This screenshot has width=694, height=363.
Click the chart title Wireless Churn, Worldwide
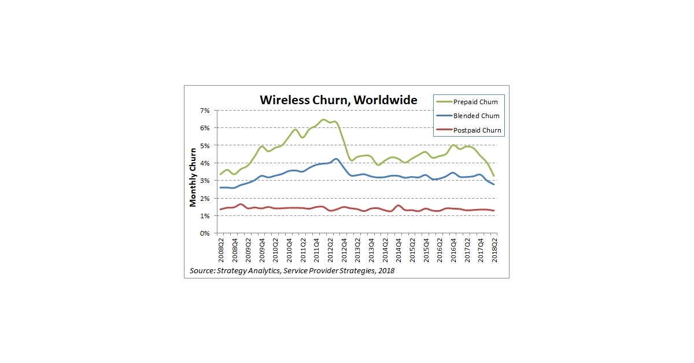tap(338, 100)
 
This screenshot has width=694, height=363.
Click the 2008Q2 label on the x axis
tap(220, 250)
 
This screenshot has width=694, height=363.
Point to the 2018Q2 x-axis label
tap(494, 250)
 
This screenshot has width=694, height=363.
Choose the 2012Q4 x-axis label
tap(344, 250)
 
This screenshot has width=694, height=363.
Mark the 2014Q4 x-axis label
tap(398, 250)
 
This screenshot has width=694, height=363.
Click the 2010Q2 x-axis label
tap(275, 250)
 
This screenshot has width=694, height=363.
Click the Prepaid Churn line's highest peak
tap(324, 120)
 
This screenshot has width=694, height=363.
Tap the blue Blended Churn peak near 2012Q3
tap(336, 159)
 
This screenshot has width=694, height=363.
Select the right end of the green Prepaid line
tap(493, 175)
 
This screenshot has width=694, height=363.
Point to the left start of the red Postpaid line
tap(220, 210)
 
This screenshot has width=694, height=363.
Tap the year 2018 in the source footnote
tap(385, 270)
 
